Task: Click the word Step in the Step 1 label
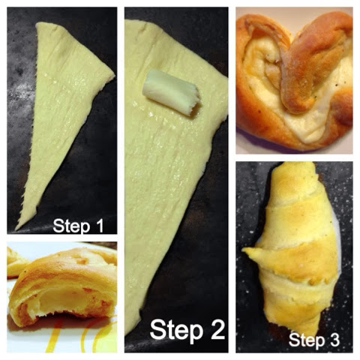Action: pos(71,226)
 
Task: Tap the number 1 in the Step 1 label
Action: pos(99,225)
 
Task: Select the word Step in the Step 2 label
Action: pos(176,331)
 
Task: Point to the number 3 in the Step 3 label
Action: pos(334,340)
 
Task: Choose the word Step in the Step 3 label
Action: pos(307,340)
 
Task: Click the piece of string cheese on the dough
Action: pos(172,92)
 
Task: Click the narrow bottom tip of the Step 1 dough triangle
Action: pos(16,229)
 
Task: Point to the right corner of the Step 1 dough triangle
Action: pos(114,75)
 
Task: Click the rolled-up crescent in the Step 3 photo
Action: pos(295,247)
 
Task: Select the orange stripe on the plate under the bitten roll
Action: pos(55,336)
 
